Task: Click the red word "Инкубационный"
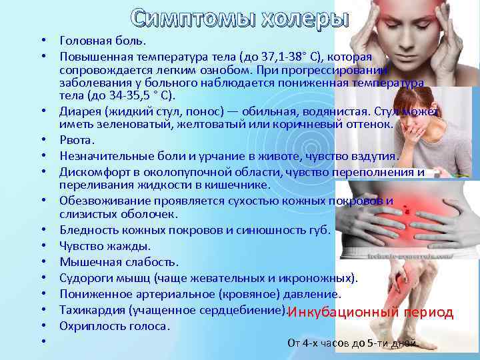click(x=341, y=313)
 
